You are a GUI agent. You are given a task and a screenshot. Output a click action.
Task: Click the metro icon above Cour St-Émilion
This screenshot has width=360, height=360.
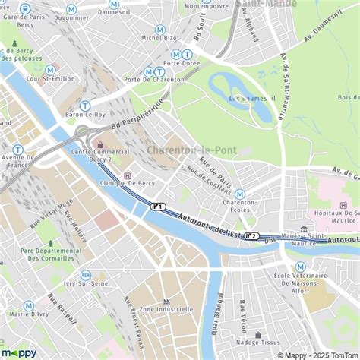50,70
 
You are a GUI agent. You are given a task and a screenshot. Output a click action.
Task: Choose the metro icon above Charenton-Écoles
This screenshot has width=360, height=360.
240,194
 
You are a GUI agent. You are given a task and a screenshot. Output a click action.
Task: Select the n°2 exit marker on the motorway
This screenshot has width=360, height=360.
251,235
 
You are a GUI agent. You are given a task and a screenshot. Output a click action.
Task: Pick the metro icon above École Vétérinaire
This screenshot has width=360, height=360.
301,267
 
